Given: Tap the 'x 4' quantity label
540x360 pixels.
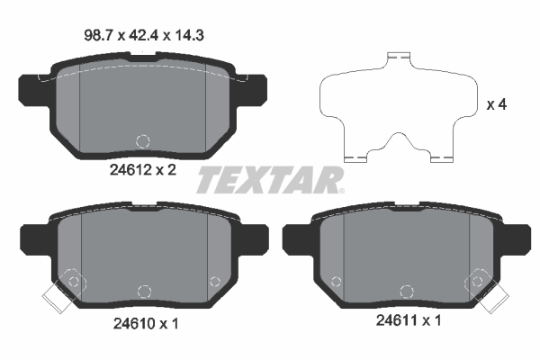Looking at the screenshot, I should (x=497, y=104).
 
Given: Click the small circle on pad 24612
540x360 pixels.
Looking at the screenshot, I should (x=141, y=140).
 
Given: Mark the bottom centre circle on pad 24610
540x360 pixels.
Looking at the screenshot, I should (x=141, y=291).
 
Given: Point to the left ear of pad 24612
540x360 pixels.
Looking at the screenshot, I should (x=30, y=89).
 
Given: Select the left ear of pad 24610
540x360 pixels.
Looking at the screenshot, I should (x=30, y=239).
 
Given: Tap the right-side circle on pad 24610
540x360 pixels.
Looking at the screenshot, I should (x=214, y=282).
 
